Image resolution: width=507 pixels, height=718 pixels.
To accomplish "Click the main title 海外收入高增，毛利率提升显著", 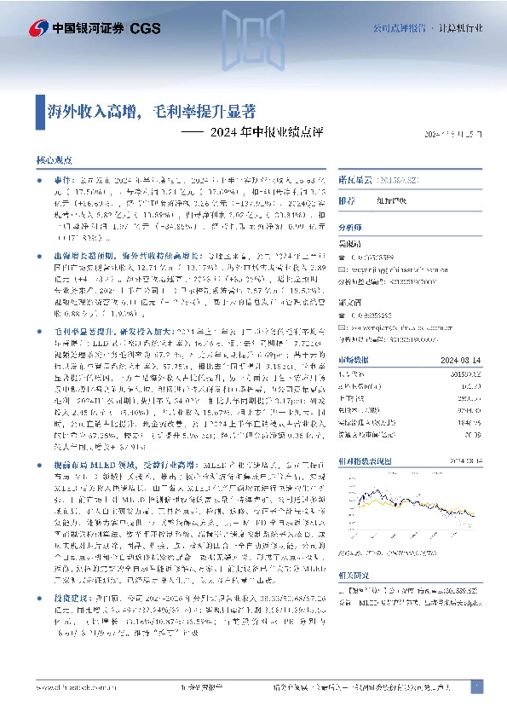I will click(151, 111).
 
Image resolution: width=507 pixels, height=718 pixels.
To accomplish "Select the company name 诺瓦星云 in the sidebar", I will click(354, 181).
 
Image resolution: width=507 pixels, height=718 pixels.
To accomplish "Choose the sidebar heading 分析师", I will click(350, 229).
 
